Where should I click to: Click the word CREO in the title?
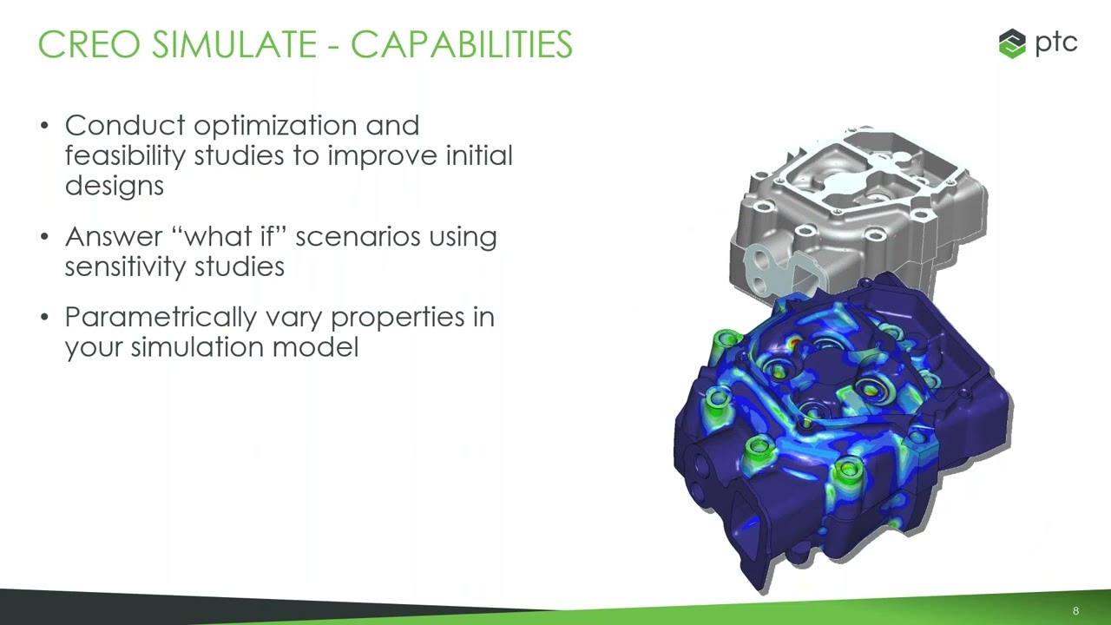pyautogui.click(x=89, y=44)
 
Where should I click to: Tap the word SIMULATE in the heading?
pyautogui.click(x=234, y=44)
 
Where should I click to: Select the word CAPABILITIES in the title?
pyautogui.click(x=461, y=44)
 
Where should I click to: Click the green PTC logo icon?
pyautogui.click(x=1012, y=43)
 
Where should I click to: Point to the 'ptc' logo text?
pyautogui.click(x=1056, y=43)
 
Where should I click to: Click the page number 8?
pyautogui.click(x=1075, y=610)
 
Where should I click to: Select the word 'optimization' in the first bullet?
pyautogui.click(x=275, y=127)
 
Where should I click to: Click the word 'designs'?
pyautogui.click(x=114, y=187)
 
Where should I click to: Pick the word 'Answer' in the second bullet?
pyautogui.click(x=114, y=237)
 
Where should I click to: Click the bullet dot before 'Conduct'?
pyautogui.click(x=44, y=126)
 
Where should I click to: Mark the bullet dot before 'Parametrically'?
pyautogui.click(x=44, y=317)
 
